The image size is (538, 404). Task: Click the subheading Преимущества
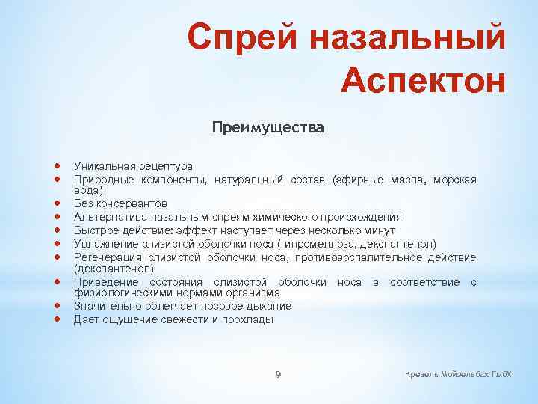268,128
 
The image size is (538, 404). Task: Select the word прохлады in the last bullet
250,319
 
